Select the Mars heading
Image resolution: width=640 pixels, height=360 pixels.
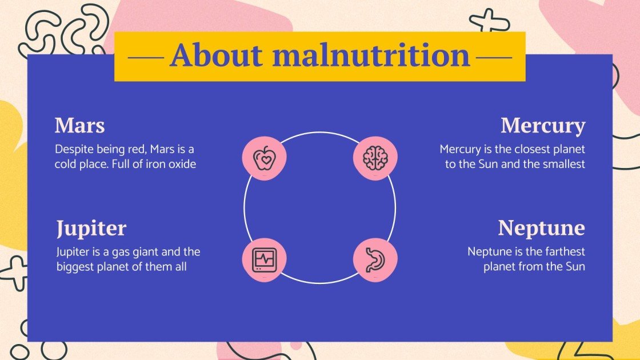[x=79, y=125]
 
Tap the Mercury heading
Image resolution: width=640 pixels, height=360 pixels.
[x=543, y=126]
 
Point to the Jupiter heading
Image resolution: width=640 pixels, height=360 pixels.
[x=91, y=229]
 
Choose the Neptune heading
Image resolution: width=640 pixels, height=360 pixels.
[x=541, y=228]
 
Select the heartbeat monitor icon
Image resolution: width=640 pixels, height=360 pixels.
[x=264, y=259]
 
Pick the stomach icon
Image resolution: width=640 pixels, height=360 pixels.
[x=375, y=259]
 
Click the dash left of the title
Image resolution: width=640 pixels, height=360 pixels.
[x=145, y=57]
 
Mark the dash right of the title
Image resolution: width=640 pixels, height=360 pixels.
[x=494, y=57]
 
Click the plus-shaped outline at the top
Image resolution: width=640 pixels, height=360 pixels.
[x=489, y=21]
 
